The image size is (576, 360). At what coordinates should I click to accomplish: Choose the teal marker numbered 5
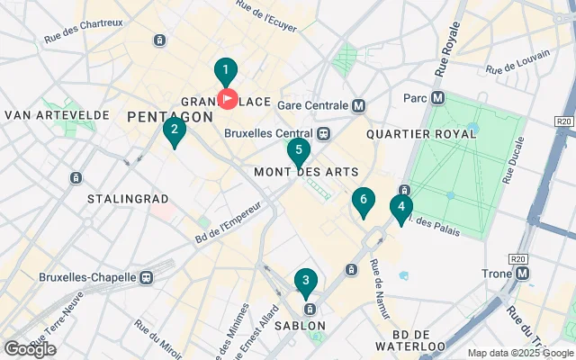tap(298, 152)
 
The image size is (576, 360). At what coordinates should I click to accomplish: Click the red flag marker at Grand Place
tap(228, 98)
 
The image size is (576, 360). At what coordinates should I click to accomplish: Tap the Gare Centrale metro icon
tap(359, 105)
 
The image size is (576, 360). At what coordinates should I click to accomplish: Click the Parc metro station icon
tap(438, 97)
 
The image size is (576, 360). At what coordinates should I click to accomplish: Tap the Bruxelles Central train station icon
tap(323, 133)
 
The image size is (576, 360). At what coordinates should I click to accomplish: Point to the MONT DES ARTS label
tap(306, 172)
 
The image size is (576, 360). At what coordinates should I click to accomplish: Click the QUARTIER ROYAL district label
tap(421, 134)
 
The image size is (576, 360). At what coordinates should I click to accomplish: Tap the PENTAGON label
tap(170, 116)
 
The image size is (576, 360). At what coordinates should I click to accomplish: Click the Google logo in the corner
tap(30, 348)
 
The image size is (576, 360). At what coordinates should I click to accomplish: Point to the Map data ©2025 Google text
tap(519, 353)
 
